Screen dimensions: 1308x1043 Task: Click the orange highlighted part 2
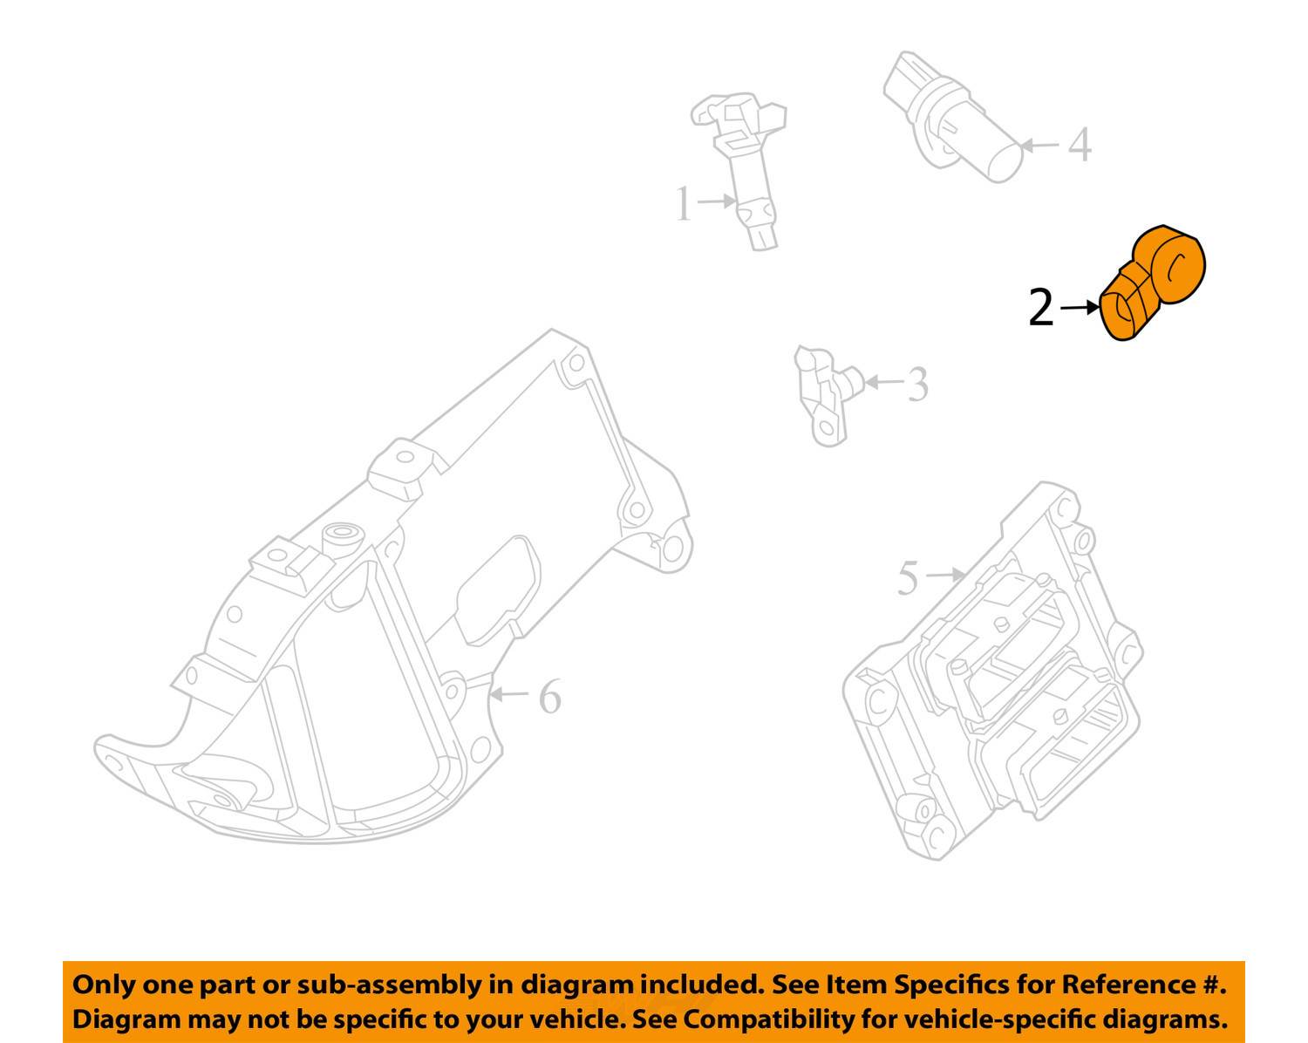[1152, 283]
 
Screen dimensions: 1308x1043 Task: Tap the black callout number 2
[1040, 308]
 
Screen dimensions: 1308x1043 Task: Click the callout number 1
[684, 203]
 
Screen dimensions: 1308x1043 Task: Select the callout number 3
[918, 384]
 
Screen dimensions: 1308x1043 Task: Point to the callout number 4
[1080, 145]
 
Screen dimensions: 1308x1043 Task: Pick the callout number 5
[908, 577]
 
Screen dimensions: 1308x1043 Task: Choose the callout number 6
[550, 697]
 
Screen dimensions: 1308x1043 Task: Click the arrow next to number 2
[1080, 308]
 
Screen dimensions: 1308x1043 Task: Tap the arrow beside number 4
[1040, 146]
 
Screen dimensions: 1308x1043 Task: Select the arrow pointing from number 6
[508, 694]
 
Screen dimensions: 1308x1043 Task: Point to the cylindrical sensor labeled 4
[953, 117]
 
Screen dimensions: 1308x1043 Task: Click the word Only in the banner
[103, 985]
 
